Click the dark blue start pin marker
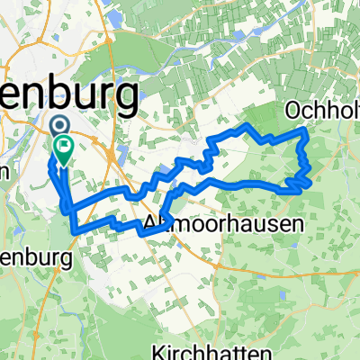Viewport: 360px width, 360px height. coord(58,126)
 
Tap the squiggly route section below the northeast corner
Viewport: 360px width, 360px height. coord(303,162)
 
